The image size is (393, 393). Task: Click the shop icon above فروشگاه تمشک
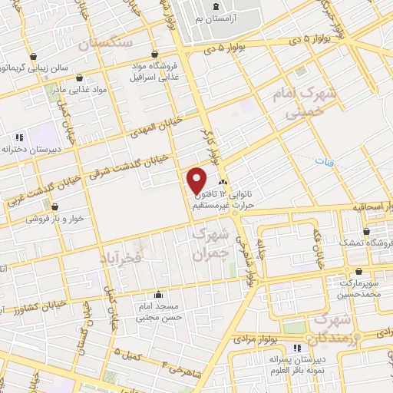tap(366, 231)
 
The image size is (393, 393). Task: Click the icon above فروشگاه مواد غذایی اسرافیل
tap(156, 54)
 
